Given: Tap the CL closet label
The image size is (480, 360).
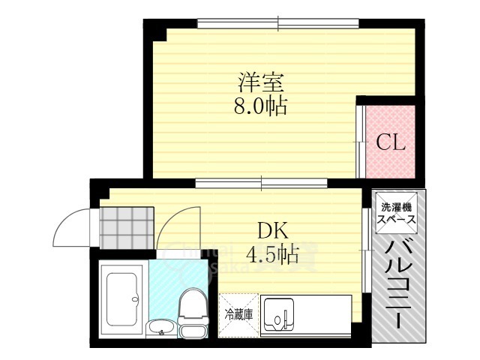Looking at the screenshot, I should pos(390,142).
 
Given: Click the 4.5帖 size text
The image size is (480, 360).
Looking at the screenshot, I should pos(273,254).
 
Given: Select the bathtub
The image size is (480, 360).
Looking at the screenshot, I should pos(121,298).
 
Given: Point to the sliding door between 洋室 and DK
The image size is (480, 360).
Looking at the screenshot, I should pos(261,181).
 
